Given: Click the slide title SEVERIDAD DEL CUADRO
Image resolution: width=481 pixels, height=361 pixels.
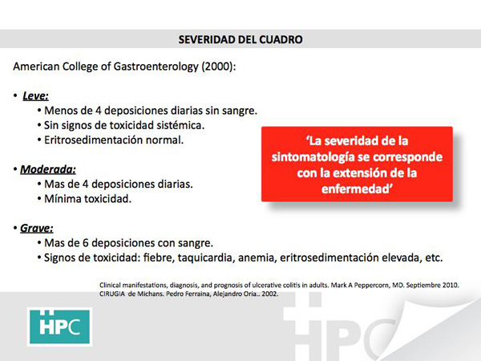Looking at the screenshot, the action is point(240,39).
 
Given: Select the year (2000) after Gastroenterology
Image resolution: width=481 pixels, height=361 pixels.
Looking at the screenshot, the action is point(218,67).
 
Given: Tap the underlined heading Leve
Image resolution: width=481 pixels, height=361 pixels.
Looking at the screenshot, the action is point(35,95).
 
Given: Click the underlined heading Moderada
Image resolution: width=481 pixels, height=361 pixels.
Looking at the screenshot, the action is point(48,169).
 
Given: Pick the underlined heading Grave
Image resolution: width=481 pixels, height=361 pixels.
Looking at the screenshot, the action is point(37,229).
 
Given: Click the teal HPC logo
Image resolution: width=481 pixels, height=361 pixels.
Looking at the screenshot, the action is point(60,327).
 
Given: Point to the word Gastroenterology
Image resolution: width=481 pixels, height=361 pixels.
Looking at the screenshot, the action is point(156,67).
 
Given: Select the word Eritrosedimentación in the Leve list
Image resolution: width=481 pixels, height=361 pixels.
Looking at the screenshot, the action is point(94,140).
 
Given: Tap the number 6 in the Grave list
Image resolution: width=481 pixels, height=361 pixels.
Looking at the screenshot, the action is point(86,243).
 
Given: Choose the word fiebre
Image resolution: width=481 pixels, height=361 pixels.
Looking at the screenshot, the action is point(159,258).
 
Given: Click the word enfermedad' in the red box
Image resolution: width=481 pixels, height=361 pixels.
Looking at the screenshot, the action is point(357,189).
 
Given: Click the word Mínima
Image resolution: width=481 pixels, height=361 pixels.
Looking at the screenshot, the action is point(63,199).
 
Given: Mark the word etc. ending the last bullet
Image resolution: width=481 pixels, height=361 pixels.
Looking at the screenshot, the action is point(434,258).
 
